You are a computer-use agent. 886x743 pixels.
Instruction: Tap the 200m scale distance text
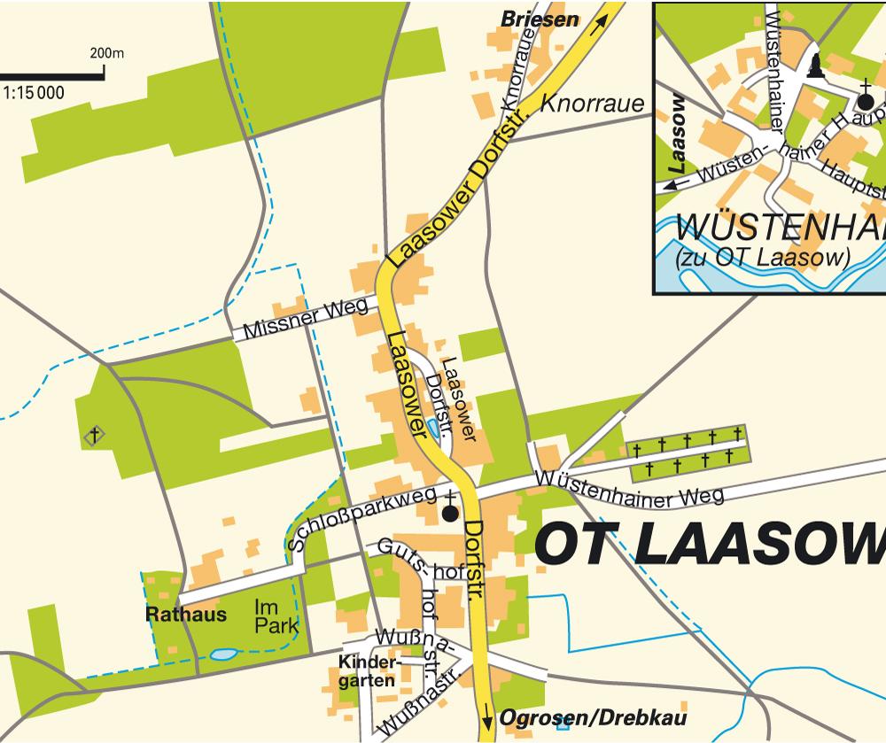106,52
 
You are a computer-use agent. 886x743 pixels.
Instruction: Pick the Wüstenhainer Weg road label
629,488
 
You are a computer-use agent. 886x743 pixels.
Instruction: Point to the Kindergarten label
370,672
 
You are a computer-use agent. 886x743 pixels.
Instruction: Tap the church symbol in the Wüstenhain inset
866,94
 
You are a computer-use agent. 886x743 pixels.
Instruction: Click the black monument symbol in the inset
816,67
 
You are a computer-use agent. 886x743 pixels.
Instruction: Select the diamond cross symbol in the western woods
94,435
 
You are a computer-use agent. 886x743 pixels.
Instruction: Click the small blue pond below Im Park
223,655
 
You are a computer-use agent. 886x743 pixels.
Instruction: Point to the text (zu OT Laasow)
761,259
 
